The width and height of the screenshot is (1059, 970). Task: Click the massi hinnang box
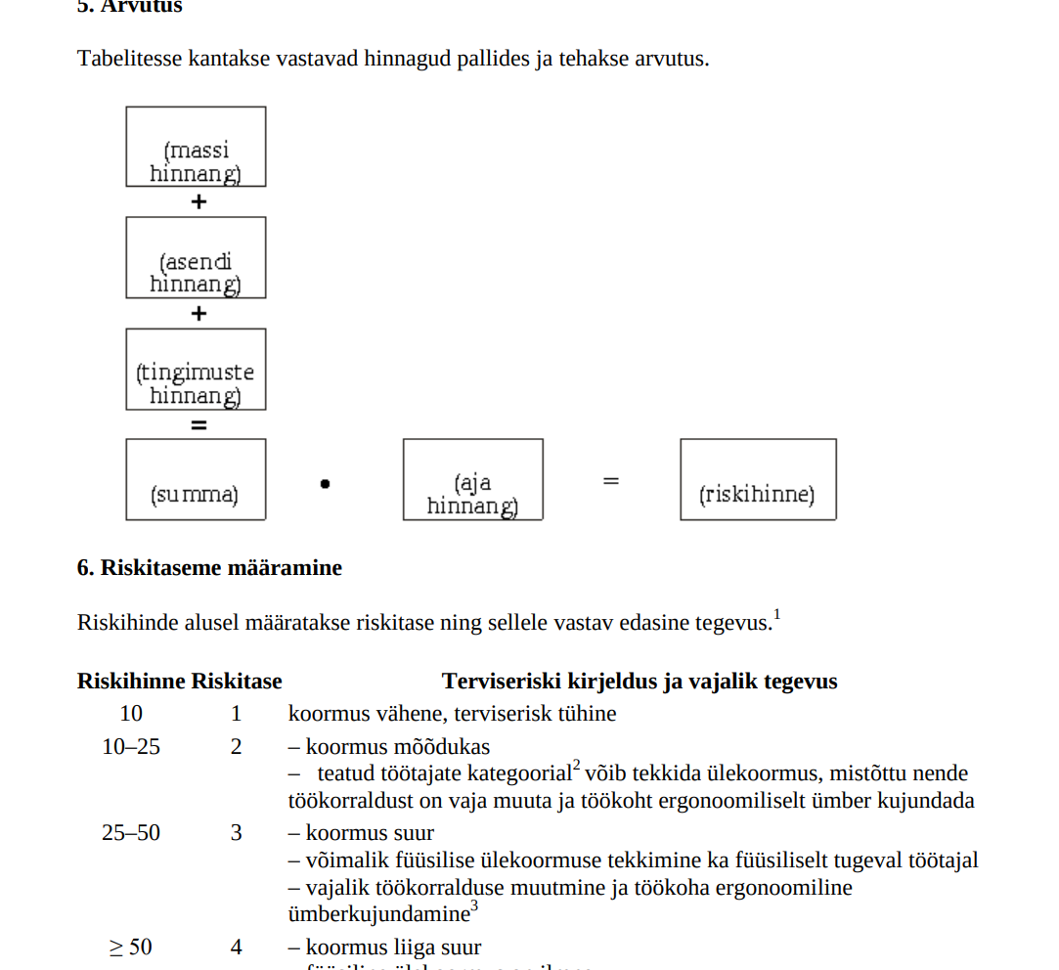(196, 147)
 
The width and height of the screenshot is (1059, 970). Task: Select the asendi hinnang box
(196, 258)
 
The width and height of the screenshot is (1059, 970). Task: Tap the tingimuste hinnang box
(196, 370)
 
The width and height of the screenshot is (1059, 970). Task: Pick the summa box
(196, 479)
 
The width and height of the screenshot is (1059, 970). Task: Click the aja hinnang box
(472, 479)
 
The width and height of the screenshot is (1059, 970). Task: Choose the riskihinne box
(758, 479)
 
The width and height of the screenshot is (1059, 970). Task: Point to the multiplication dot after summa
(325, 482)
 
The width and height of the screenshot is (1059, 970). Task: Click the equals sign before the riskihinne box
(611, 480)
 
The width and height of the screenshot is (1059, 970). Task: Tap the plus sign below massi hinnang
(199, 202)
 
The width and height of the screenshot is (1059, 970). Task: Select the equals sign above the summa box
(199, 425)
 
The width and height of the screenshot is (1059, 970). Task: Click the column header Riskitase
(237, 682)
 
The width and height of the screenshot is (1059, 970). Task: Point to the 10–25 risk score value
(131, 747)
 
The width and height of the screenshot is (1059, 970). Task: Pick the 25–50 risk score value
(131, 833)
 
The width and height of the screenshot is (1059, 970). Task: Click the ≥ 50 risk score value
(130, 947)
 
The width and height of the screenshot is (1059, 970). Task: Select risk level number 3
(237, 833)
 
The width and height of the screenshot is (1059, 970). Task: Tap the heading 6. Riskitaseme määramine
(209, 568)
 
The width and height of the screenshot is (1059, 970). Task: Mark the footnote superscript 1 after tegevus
(776, 615)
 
